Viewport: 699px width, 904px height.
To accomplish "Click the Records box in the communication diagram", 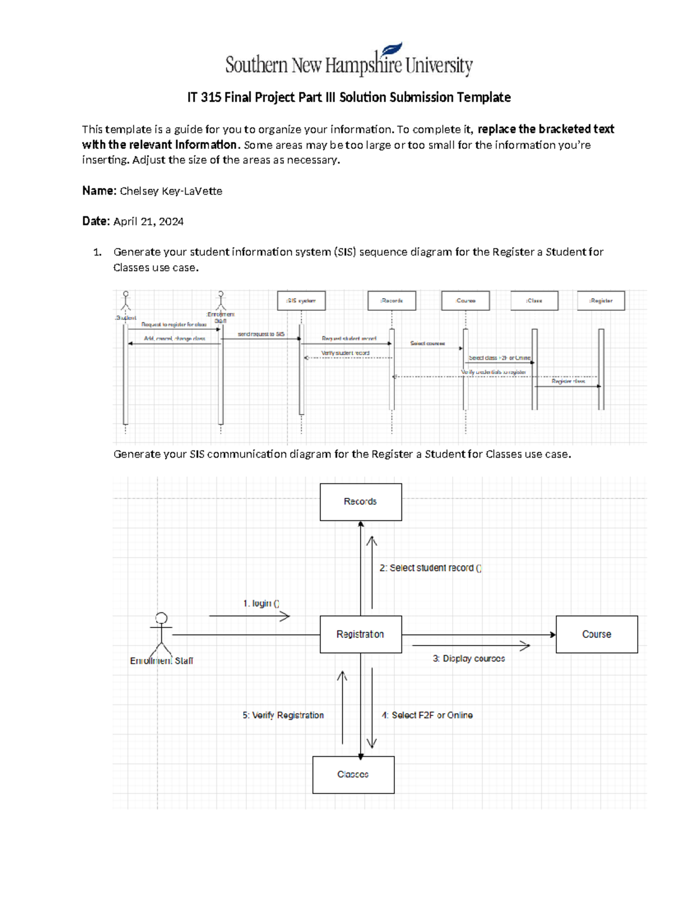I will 361,502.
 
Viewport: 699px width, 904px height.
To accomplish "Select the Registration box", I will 361,634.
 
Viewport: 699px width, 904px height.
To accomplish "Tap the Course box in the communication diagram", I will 596,634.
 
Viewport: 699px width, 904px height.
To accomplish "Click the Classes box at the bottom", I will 353,775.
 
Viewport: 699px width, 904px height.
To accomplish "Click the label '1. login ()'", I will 261,604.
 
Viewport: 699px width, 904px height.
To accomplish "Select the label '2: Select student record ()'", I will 430,568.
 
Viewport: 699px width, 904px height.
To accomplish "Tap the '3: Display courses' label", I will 468,659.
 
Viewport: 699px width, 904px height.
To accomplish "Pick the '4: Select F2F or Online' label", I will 427,715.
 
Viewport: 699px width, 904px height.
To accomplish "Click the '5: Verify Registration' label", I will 283,715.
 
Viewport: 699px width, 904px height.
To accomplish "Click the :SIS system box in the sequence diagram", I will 301,301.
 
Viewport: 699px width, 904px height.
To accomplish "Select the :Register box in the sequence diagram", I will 601,301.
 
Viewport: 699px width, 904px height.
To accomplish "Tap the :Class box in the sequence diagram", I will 534,301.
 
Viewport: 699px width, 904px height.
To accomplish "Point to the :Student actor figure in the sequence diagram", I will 125,302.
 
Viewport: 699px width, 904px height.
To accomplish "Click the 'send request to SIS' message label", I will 261,334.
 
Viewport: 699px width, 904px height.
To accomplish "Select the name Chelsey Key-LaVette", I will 171,191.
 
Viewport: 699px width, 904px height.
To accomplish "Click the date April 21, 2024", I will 149,221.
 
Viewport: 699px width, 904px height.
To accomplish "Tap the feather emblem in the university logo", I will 392,49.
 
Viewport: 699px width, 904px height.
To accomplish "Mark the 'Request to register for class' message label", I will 174,325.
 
